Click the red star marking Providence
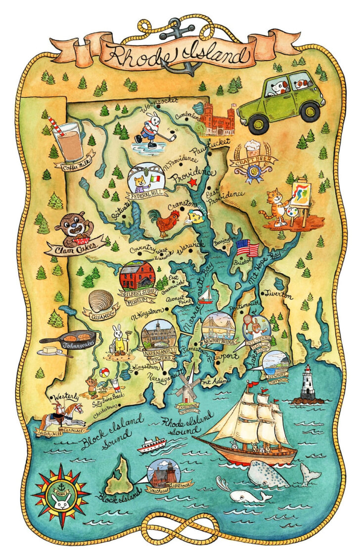click(x=193, y=183)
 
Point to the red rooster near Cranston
click(x=169, y=222)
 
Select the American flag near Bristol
click(x=247, y=247)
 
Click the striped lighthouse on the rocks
click(x=307, y=383)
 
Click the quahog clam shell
click(x=102, y=301)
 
